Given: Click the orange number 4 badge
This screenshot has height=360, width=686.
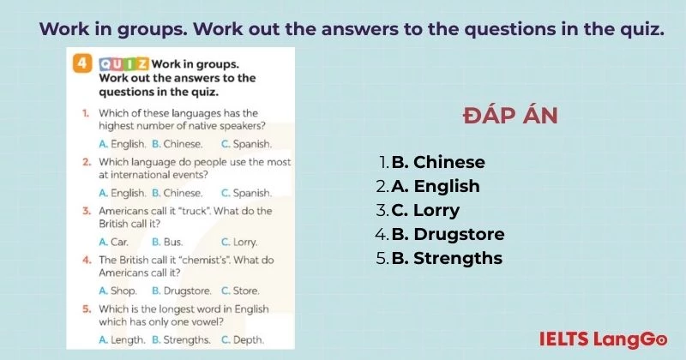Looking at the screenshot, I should point(82,64).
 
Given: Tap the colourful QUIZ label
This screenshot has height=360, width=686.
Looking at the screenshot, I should point(124,64).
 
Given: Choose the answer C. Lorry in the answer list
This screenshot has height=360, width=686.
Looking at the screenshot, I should point(425,210).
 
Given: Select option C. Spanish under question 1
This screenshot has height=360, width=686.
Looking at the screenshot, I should point(246,144).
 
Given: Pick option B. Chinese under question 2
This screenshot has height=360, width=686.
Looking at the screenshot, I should point(177,193).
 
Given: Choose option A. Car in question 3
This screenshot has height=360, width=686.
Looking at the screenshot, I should point(114,242).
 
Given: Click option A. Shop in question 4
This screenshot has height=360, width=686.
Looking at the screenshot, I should point(117,291).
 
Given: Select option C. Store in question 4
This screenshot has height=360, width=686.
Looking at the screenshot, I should point(240,291).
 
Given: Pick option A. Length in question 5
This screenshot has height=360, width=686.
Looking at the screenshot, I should point(122,339).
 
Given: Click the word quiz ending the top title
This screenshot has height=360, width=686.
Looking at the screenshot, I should point(642,28).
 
